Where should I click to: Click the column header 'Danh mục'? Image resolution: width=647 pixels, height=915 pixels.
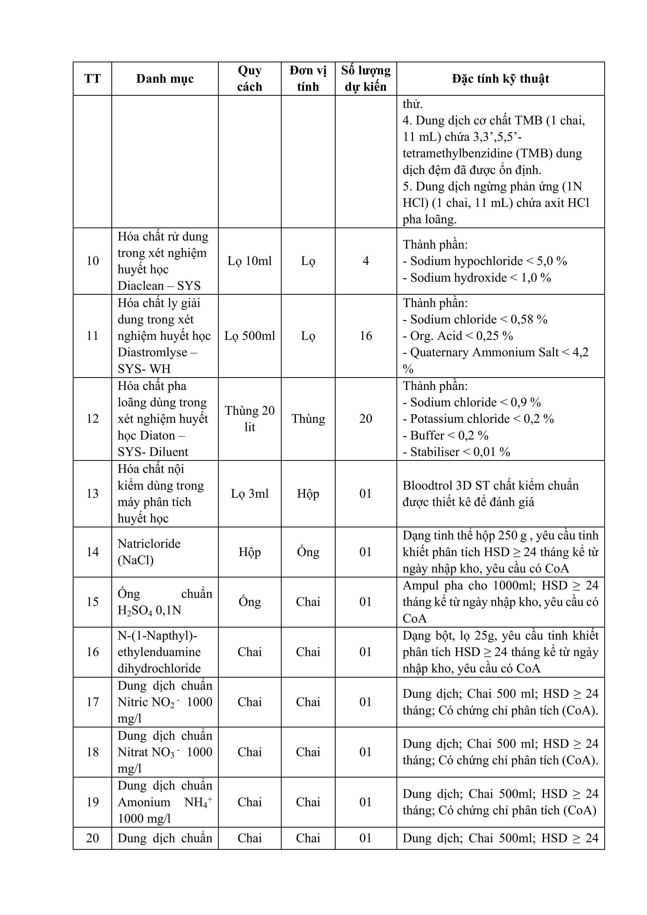click(x=165, y=79)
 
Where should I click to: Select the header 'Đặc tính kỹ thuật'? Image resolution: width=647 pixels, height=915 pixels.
click(x=500, y=79)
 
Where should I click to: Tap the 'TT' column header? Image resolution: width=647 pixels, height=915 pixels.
click(x=92, y=79)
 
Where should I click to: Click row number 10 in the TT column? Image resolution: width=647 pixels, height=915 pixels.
click(x=92, y=261)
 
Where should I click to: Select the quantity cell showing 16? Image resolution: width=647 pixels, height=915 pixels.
click(x=366, y=336)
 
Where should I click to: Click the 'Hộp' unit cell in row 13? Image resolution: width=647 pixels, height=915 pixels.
click(x=308, y=494)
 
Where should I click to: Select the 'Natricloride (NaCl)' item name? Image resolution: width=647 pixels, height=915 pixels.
click(x=149, y=552)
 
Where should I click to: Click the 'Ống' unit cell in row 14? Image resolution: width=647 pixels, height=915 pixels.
click(x=308, y=552)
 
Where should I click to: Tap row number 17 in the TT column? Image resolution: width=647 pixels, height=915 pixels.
click(x=92, y=702)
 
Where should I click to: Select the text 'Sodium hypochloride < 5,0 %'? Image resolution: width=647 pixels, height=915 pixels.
click(x=485, y=261)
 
